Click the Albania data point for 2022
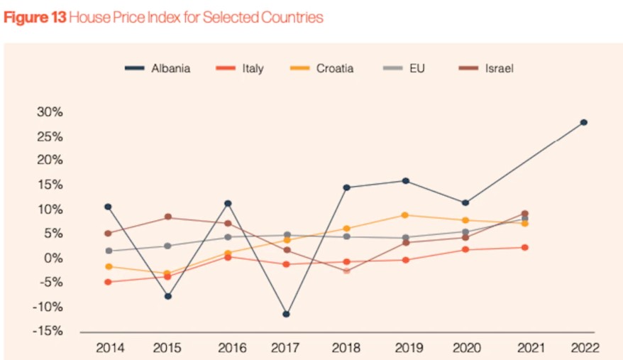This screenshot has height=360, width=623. [x=583, y=122]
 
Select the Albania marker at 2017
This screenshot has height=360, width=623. [x=287, y=314]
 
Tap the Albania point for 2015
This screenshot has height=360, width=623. [x=168, y=296]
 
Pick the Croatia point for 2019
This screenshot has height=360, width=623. [x=405, y=215]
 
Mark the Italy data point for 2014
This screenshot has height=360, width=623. [x=108, y=282]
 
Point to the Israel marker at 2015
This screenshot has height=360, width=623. [x=168, y=217]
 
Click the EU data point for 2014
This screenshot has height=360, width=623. [x=108, y=251]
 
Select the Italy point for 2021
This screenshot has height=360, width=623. [x=525, y=247]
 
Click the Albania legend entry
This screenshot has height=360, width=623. [x=158, y=69]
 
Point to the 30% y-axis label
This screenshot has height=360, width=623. [x=50, y=112]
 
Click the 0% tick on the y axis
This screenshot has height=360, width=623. [x=53, y=258]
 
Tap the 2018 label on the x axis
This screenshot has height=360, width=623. [x=346, y=348]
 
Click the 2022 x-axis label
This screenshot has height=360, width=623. [x=585, y=348]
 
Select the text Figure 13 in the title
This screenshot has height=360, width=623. [x=35, y=18]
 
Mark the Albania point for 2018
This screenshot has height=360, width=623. [x=346, y=187]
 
